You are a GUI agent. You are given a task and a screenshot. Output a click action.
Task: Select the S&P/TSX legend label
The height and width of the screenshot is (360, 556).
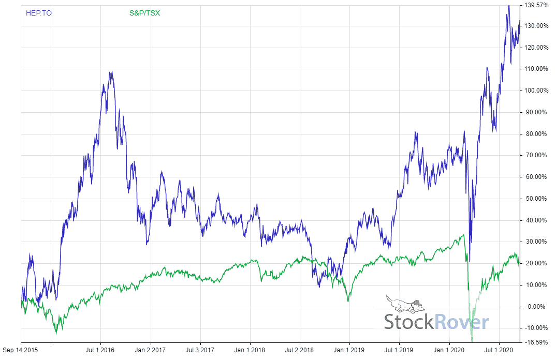(x=144, y=13)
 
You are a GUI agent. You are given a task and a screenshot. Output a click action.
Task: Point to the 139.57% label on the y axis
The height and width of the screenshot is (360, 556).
(x=536, y=5)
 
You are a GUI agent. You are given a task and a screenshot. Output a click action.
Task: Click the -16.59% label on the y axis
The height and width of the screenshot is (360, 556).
(x=536, y=342)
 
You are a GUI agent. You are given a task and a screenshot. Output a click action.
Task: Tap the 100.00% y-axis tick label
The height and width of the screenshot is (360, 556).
(x=536, y=91)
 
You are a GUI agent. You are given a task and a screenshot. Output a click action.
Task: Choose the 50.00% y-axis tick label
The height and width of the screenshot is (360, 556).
(x=536, y=199)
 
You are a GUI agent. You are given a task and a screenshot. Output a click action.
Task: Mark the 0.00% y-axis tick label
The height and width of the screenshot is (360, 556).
(x=536, y=307)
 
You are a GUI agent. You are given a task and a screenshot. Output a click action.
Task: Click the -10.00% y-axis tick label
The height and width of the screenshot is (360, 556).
(x=536, y=328)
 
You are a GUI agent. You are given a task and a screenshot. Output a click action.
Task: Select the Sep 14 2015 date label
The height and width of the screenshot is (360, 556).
(x=21, y=350)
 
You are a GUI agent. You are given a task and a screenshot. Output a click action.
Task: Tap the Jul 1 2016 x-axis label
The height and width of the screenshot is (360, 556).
(x=100, y=350)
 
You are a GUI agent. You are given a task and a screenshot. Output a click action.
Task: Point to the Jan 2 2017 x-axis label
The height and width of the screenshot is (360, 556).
(x=151, y=350)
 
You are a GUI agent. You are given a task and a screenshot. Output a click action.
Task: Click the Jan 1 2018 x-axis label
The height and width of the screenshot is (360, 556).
(x=250, y=350)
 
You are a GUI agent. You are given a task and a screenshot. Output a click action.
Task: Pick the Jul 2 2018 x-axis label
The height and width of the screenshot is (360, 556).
(x=300, y=350)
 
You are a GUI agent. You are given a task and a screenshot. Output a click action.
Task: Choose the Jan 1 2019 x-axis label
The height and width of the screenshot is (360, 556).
(x=349, y=350)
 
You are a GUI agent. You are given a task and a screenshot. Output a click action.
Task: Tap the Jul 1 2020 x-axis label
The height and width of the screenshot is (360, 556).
(x=499, y=350)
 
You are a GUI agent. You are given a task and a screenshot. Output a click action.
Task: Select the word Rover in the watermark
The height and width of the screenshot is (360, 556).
(x=461, y=322)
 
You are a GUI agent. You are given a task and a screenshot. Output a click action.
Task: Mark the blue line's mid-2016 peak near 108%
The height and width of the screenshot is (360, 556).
(x=110, y=72)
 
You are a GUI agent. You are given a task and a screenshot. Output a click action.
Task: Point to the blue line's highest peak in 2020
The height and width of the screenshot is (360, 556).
(x=509, y=6)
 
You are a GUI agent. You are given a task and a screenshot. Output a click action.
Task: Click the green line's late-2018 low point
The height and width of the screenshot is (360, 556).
(x=348, y=301)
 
